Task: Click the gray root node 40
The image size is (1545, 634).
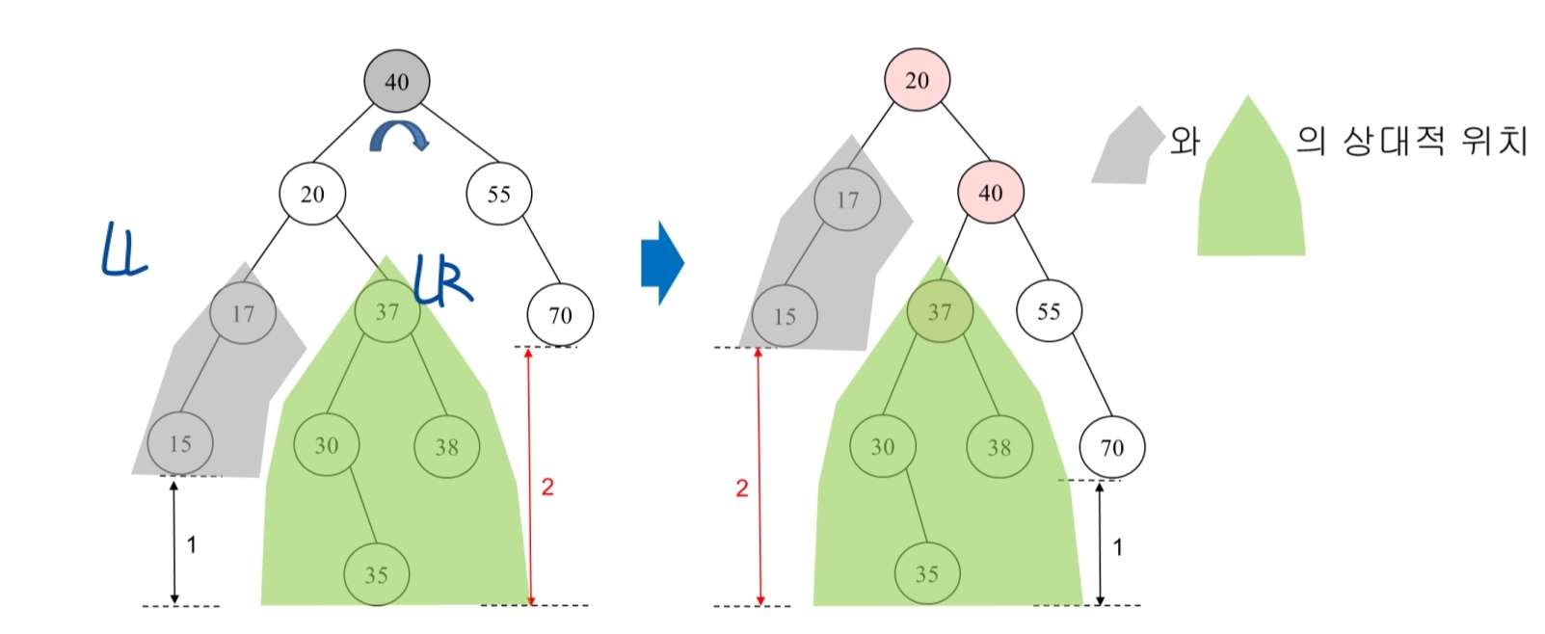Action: click(396, 82)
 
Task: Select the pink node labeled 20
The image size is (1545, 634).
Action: click(917, 80)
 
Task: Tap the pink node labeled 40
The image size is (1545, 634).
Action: click(990, 193)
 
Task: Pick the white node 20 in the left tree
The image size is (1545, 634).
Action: click(312, 194)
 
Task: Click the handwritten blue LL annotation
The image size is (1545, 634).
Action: click(124, 251)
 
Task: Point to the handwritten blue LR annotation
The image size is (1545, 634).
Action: click(442, 279)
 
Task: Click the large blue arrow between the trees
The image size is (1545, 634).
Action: click(662, 262)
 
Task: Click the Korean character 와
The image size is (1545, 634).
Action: click(1185, 142)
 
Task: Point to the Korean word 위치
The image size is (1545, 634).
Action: click(1494, 141)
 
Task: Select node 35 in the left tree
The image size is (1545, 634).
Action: click(376, 575)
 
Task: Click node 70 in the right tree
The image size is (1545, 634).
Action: click(1111, 448)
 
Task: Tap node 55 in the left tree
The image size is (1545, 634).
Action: click(498, 194)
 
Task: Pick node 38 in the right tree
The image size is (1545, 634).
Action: click(999, 447)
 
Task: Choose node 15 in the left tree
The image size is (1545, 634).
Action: click(180, 444)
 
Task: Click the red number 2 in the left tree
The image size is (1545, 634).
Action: click(547, 487)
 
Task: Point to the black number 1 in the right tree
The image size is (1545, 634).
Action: click(1118, 547)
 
